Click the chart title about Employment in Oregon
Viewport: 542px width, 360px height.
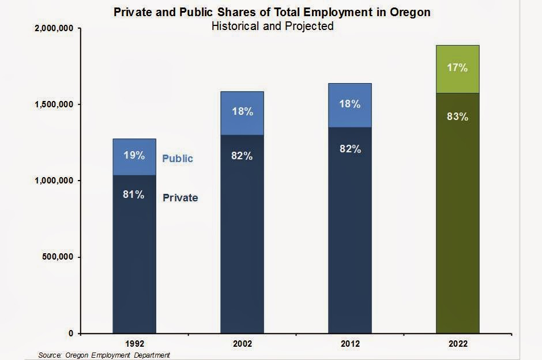coord(272,12)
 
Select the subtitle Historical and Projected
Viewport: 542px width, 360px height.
coord(272,26)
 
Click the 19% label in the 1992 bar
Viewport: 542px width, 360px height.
coord(134,155)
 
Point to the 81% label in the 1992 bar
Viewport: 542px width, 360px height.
coord(134,194)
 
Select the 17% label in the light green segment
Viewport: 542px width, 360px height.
coord(457,68)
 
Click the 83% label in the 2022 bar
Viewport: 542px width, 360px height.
coord(457,117)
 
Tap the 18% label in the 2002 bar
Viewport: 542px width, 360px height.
coord(242,111)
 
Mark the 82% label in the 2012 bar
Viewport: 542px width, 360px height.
coord(350,149)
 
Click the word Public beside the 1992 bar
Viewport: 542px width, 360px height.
coord(178,159)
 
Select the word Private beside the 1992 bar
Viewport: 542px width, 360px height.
coord(180,198)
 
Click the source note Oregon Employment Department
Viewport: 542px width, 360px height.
coord(104,355)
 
